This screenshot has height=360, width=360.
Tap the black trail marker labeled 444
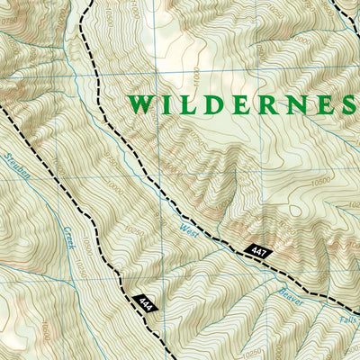pyautogui.click(x=144, y=304)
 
